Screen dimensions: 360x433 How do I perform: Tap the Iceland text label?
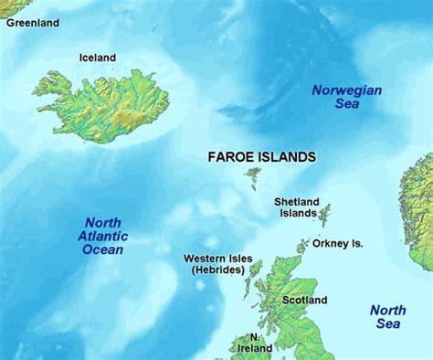(x=98, y=58)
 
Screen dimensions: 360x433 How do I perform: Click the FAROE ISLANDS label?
(x=262, y=157)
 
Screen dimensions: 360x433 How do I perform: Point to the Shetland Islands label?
(x=295, y=207)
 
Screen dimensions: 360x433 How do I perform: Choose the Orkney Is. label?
(x=338, y=244)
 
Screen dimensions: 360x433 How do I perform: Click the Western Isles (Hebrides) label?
(x=218, y=264)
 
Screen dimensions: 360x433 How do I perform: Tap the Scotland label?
(x=304, y=300)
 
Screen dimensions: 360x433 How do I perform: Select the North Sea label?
(x=387, y=317)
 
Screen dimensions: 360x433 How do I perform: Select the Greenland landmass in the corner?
(x=7, y=7)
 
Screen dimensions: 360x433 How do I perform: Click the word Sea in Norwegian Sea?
(x=346, y=104)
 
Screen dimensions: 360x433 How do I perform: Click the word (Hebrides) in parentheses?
(x=218, y=270)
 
